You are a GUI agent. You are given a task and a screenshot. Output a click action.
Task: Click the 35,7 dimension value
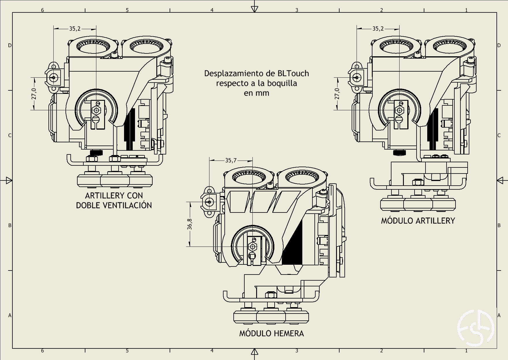(x=230, y=160)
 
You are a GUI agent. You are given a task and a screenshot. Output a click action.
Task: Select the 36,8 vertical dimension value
(x=190, y=224)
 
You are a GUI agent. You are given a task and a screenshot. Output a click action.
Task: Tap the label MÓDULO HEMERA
(x=271, y=333)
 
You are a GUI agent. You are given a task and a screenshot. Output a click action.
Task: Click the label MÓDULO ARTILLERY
(x=418, y=221)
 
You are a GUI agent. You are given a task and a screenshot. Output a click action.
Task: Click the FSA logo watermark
(x=476, y=328)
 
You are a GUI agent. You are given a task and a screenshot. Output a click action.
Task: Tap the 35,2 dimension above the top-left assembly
(x=75, y=29)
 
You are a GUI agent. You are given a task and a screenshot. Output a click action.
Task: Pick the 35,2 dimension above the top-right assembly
(x=378, y=29)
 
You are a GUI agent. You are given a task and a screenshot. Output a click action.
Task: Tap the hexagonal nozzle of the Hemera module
(x=252, y=247)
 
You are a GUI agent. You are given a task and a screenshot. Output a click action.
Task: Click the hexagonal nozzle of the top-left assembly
(x=96, y=110)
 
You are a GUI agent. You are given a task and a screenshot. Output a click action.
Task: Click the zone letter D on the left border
(x=10, y=45)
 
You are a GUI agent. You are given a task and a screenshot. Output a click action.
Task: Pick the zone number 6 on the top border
(x=42, y=10)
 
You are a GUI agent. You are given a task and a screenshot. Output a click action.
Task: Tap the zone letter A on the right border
(x=499, y=316)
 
